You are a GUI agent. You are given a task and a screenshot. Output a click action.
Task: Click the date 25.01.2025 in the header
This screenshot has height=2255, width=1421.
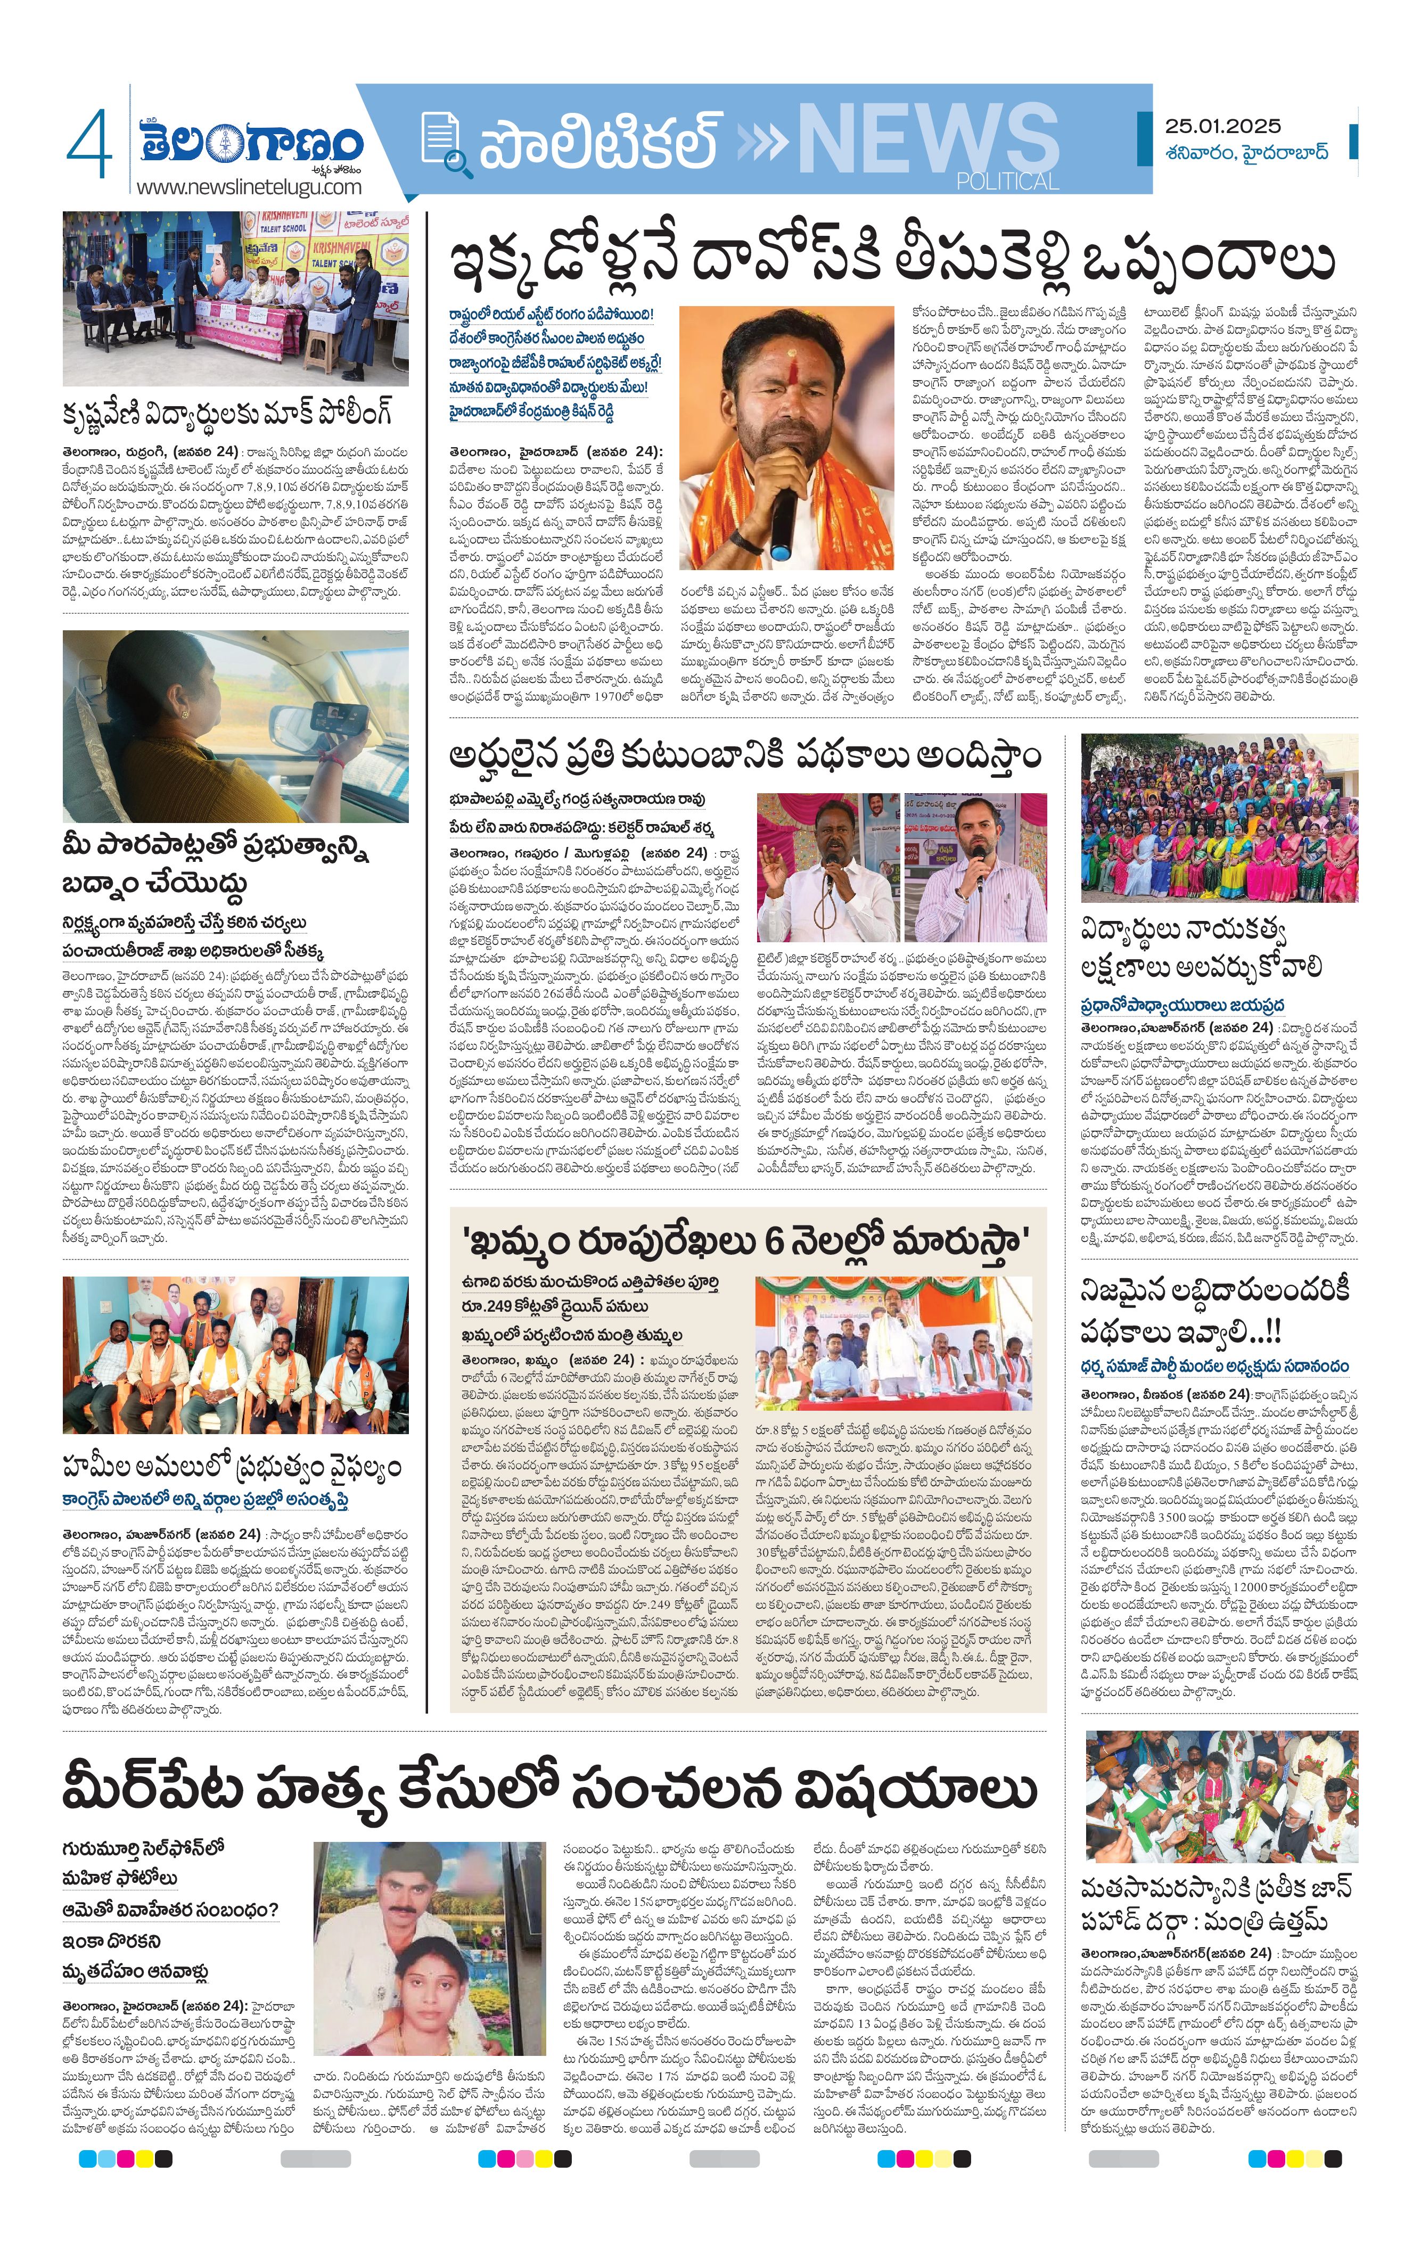pos(1222,126)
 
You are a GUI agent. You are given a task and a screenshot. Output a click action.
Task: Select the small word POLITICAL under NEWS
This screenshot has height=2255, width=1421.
pos(1007,181)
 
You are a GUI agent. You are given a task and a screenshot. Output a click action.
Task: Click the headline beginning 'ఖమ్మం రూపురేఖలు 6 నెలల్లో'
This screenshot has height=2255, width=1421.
pos(745,1242)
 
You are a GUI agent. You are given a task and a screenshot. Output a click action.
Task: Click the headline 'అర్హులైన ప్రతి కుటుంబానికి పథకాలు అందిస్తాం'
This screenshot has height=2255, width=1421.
pos(745,756)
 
